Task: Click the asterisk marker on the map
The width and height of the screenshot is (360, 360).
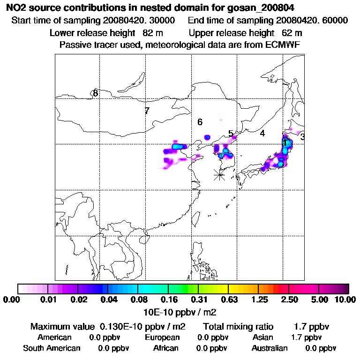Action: pos(219,175)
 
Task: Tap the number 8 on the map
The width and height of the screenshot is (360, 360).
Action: pos(95,93)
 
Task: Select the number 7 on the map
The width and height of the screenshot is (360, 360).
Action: pos(147,111)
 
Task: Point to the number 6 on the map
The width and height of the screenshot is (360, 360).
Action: pos(200,122)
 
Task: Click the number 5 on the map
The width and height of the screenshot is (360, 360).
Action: pos(231,134)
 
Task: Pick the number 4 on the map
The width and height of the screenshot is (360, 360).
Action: pos(262,134)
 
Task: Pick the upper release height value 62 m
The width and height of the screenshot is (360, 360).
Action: pos(292,33)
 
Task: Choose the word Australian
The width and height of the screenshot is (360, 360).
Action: pos(270,348)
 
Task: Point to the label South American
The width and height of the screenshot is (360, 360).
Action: pos(52,348)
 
